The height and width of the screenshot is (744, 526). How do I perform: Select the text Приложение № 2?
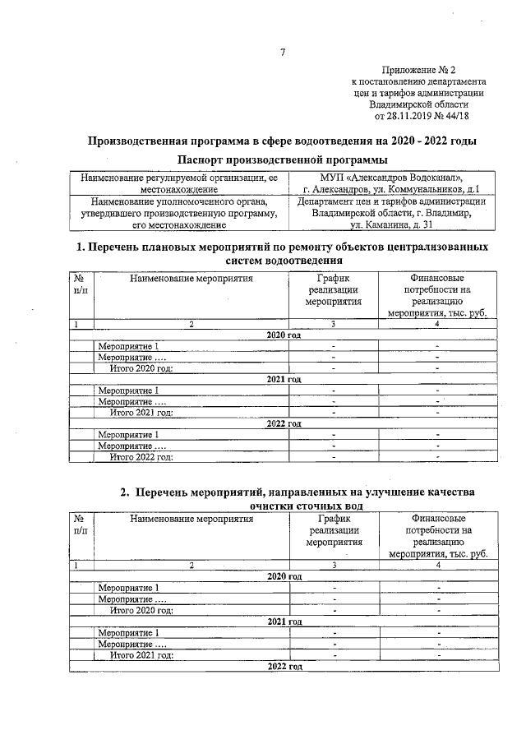pos(419,72)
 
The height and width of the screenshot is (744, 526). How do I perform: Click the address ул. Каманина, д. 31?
pos(391,224)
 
